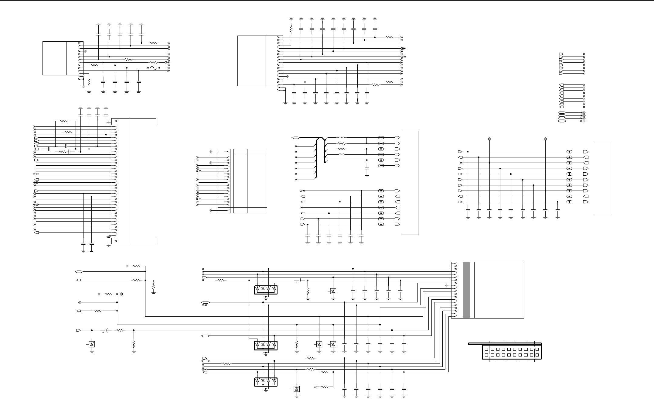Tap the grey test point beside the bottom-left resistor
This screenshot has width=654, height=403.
pyautogui.click(x=121, y=294)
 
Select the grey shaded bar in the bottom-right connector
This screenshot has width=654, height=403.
pyautogui.click(x=466, y=290)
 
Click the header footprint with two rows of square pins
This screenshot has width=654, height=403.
pyautogui.click(x=512, y=352)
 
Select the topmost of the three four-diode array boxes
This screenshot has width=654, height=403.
pyautogui.click(x=266, y=290)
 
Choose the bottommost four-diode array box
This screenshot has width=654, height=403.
pyautogui.click(x=266, y=382)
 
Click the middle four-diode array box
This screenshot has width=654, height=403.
pyautogui.click(x=266, y=346)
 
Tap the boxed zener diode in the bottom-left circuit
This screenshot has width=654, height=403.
pyautogui.click(x=92, y=344)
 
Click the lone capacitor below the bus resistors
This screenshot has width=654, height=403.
pyautogui.click(x=367, y=168)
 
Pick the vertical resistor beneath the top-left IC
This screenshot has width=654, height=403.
pyautogui.click(x=89, y=82)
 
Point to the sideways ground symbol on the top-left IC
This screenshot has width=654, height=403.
pyautogui.click(x=86, y=51)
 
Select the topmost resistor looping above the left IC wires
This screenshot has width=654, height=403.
pyautogui.click(x=64, y=121)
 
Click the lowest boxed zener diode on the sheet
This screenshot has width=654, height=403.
pyautogui.click(x=297, y=389)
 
